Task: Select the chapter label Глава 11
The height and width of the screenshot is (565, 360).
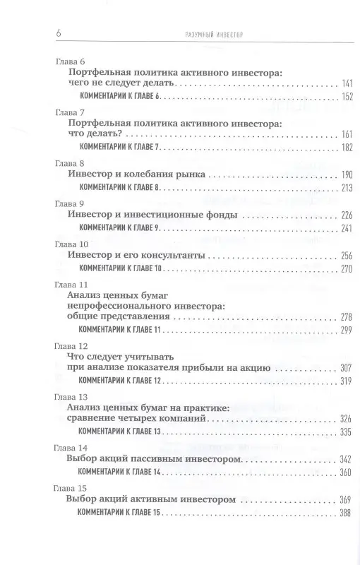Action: point(71,284)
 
